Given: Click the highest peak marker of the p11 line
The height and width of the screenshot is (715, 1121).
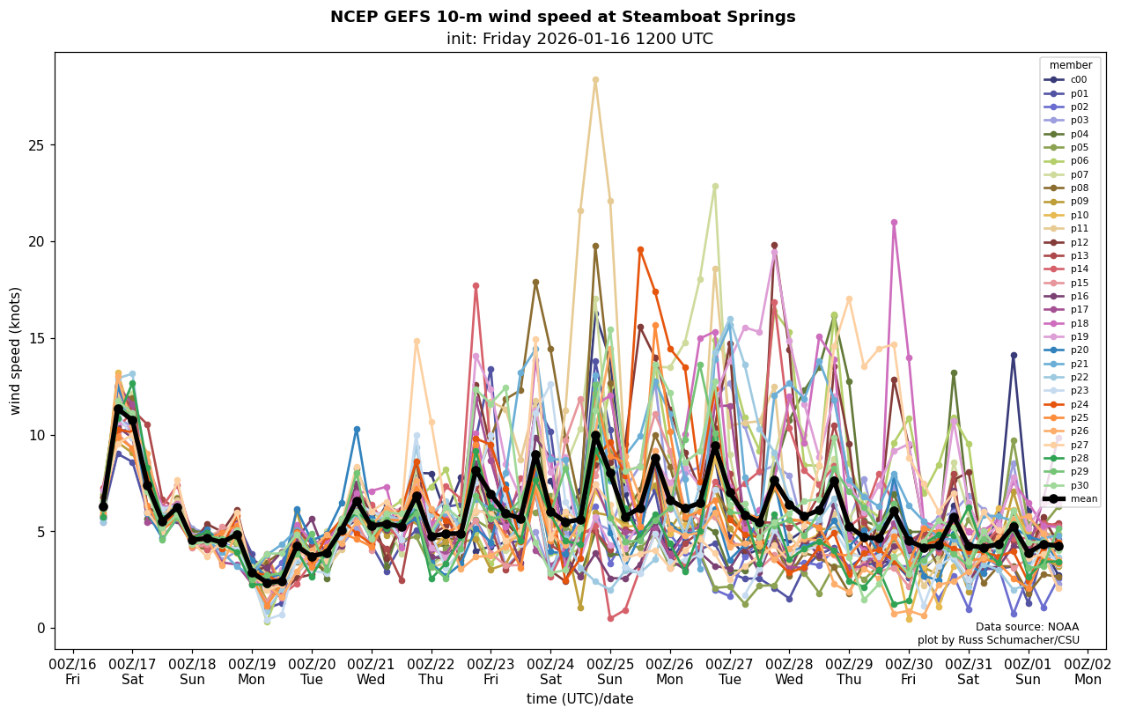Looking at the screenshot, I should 595,80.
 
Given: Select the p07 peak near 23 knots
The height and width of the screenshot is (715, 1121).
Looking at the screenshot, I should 715,186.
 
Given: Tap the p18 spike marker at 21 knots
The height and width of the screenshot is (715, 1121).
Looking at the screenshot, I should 894,223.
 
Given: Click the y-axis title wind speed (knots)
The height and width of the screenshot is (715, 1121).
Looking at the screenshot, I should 16,350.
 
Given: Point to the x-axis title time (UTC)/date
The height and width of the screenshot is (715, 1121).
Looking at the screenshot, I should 579,699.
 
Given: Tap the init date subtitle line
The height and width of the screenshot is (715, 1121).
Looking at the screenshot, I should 579,40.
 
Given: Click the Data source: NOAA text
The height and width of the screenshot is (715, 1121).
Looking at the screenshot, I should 1027,627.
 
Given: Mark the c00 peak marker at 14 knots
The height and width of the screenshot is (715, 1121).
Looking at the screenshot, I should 1014,355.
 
